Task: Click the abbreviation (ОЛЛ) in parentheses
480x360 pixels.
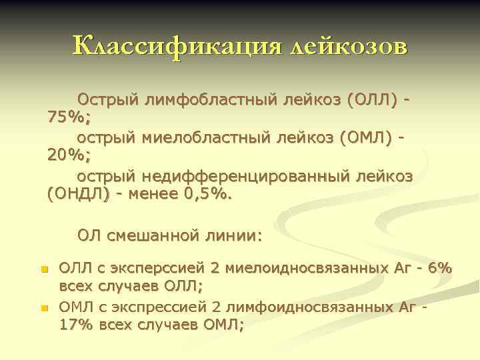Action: [369, 99]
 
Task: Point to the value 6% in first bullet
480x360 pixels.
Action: [441, 269]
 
